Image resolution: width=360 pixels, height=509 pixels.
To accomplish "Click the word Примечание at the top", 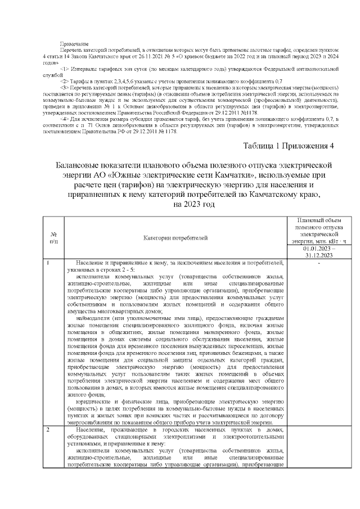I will (74, 44).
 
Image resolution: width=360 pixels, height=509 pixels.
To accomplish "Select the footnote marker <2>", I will (64, 82).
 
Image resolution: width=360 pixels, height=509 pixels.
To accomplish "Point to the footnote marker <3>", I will (64, 88).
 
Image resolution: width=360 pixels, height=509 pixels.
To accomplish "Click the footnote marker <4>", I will (64, 119).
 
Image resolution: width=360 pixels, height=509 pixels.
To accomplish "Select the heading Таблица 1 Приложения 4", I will (287, 147).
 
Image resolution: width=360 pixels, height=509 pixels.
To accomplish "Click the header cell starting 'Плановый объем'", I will (318, 231).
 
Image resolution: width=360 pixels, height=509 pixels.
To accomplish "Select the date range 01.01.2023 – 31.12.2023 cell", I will (318, 251).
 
